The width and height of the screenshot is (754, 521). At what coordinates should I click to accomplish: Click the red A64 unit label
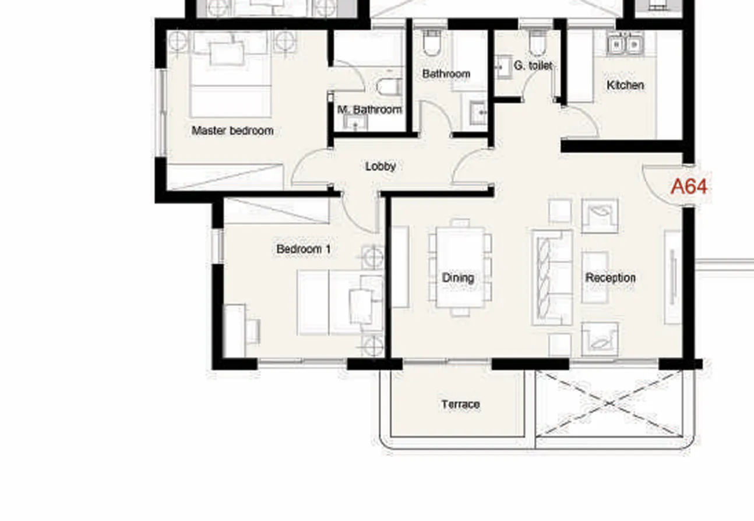point(689,186)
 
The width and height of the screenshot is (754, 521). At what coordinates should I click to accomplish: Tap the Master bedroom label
point(232,131)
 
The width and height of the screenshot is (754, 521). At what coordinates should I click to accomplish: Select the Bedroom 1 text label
point(303,249)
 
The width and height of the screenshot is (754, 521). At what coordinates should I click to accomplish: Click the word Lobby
point(380,166)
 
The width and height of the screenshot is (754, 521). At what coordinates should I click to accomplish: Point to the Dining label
point(458,278)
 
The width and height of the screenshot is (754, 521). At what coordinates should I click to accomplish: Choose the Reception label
point(610,278)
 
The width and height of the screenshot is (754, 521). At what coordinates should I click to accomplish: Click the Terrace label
point(460,404)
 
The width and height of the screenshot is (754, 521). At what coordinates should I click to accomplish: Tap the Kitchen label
point(625,85)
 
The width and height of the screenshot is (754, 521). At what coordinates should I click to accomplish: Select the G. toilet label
point(533,66)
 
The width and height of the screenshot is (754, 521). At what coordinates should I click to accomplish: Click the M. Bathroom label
point(369,110)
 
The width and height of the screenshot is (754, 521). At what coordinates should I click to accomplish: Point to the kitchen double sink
point(624,44)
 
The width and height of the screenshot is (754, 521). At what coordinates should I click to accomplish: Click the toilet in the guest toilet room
point(537,42)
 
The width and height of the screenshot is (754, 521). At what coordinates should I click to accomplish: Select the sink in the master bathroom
point(354,122)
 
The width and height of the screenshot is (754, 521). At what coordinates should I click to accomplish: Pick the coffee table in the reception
point(595,277)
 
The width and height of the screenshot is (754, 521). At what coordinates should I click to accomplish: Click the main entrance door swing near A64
point(661,184)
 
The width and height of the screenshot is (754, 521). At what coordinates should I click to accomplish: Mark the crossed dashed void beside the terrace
point(608,403)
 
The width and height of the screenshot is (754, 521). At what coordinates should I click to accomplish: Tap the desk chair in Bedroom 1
point(252,331)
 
